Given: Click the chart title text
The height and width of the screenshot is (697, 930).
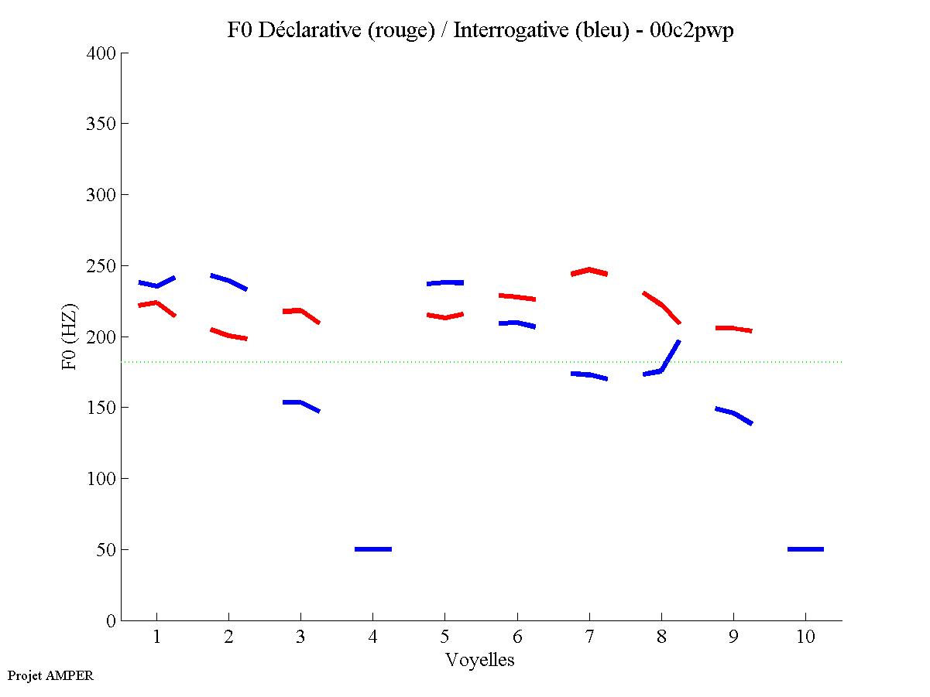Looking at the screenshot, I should [x=480, y=30].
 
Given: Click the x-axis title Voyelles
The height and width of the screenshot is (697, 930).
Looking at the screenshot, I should [x=480, y=660].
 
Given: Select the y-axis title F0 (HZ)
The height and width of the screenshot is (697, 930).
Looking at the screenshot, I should [x=70, y=337].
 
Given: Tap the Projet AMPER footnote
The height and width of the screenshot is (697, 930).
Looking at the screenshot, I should [x=50, y=675].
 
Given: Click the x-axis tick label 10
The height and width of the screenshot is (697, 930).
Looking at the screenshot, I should [x=805, y=637].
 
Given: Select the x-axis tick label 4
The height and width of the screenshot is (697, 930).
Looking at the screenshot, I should [x=372, y=637].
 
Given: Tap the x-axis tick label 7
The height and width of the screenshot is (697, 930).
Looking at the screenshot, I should [x=589, y=637].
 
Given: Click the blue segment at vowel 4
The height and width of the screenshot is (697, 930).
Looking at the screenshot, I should [x=372, y=549].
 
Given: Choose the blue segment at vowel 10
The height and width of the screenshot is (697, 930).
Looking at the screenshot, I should [x=805, y=549].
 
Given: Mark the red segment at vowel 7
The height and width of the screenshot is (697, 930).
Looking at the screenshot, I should [x=589, y=270].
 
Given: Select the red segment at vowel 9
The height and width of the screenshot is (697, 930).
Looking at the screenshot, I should [x=733, y=329].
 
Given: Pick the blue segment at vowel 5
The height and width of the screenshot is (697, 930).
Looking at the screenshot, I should [x=444, y=282].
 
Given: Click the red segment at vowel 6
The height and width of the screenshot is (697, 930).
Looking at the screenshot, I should [x=516, y=297].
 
